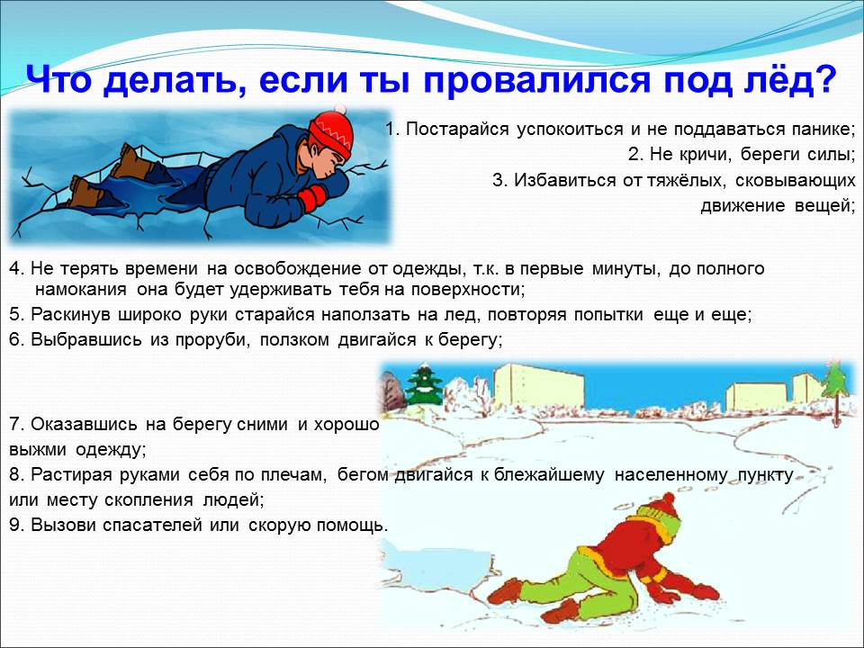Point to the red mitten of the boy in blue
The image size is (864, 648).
(312, 198)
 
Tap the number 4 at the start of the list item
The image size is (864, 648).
(15, 269)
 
